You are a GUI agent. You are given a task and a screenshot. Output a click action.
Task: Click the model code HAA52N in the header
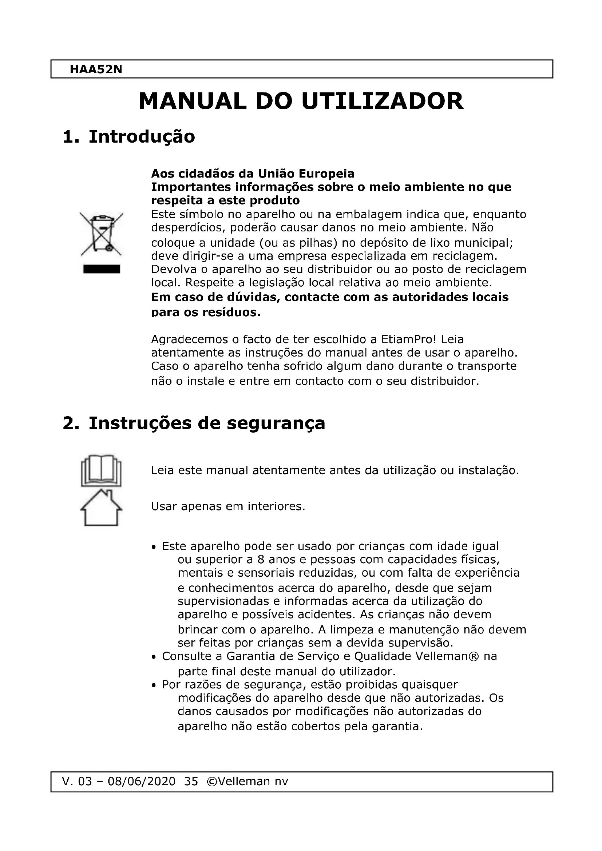click(x=96, y=69)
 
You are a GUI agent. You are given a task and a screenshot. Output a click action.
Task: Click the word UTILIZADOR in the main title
click(x=382, y=101)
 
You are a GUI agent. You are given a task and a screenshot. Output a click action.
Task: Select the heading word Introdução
click(x=142, y=137)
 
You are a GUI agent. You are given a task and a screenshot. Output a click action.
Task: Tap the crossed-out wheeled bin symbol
click(x=102, y=234)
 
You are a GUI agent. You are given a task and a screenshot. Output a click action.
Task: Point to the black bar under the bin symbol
click(x=102, y=269)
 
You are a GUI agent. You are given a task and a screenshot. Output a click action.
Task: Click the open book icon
click(x=101, y=470)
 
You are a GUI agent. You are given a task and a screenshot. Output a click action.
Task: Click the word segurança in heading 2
click(x=276, y=423)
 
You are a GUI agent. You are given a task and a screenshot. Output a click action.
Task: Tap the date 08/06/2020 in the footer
click(x=141, y=781)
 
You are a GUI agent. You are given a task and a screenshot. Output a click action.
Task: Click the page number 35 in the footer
click(x=191, y=781)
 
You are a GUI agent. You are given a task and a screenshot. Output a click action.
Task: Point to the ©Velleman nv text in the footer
click(x=247, y=781)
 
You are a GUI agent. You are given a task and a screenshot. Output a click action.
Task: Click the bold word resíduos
click(x=231, y=313)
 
